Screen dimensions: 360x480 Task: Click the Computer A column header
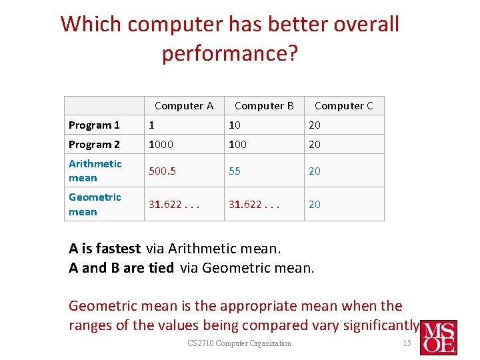click(183, 105)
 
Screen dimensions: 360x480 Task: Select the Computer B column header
click(264, 105)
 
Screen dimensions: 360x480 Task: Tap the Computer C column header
click(343, 105)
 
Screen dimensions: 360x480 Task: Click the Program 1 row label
click(94, 125)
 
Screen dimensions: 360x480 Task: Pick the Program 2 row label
click(94, 145)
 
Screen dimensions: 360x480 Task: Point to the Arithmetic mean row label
click(95, 171)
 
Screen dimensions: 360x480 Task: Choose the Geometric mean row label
click(95, 204)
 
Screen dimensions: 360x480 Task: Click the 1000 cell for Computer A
click(160, 145)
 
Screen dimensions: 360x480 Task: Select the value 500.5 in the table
click(162, 171)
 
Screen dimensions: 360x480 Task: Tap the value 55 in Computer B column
click(235, 171)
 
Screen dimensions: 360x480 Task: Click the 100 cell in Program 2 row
click(237, 145)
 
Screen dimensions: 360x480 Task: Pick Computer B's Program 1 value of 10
click(235, 125)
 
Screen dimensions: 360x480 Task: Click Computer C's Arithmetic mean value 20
click(314, 171)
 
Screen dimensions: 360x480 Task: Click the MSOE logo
click(437, 337)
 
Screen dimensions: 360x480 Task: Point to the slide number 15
click(407, 343)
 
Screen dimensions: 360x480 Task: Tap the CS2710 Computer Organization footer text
click(239, 343)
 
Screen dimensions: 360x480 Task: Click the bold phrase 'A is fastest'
click(105, 249)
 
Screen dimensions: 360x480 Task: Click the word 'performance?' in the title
click(229, 53)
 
